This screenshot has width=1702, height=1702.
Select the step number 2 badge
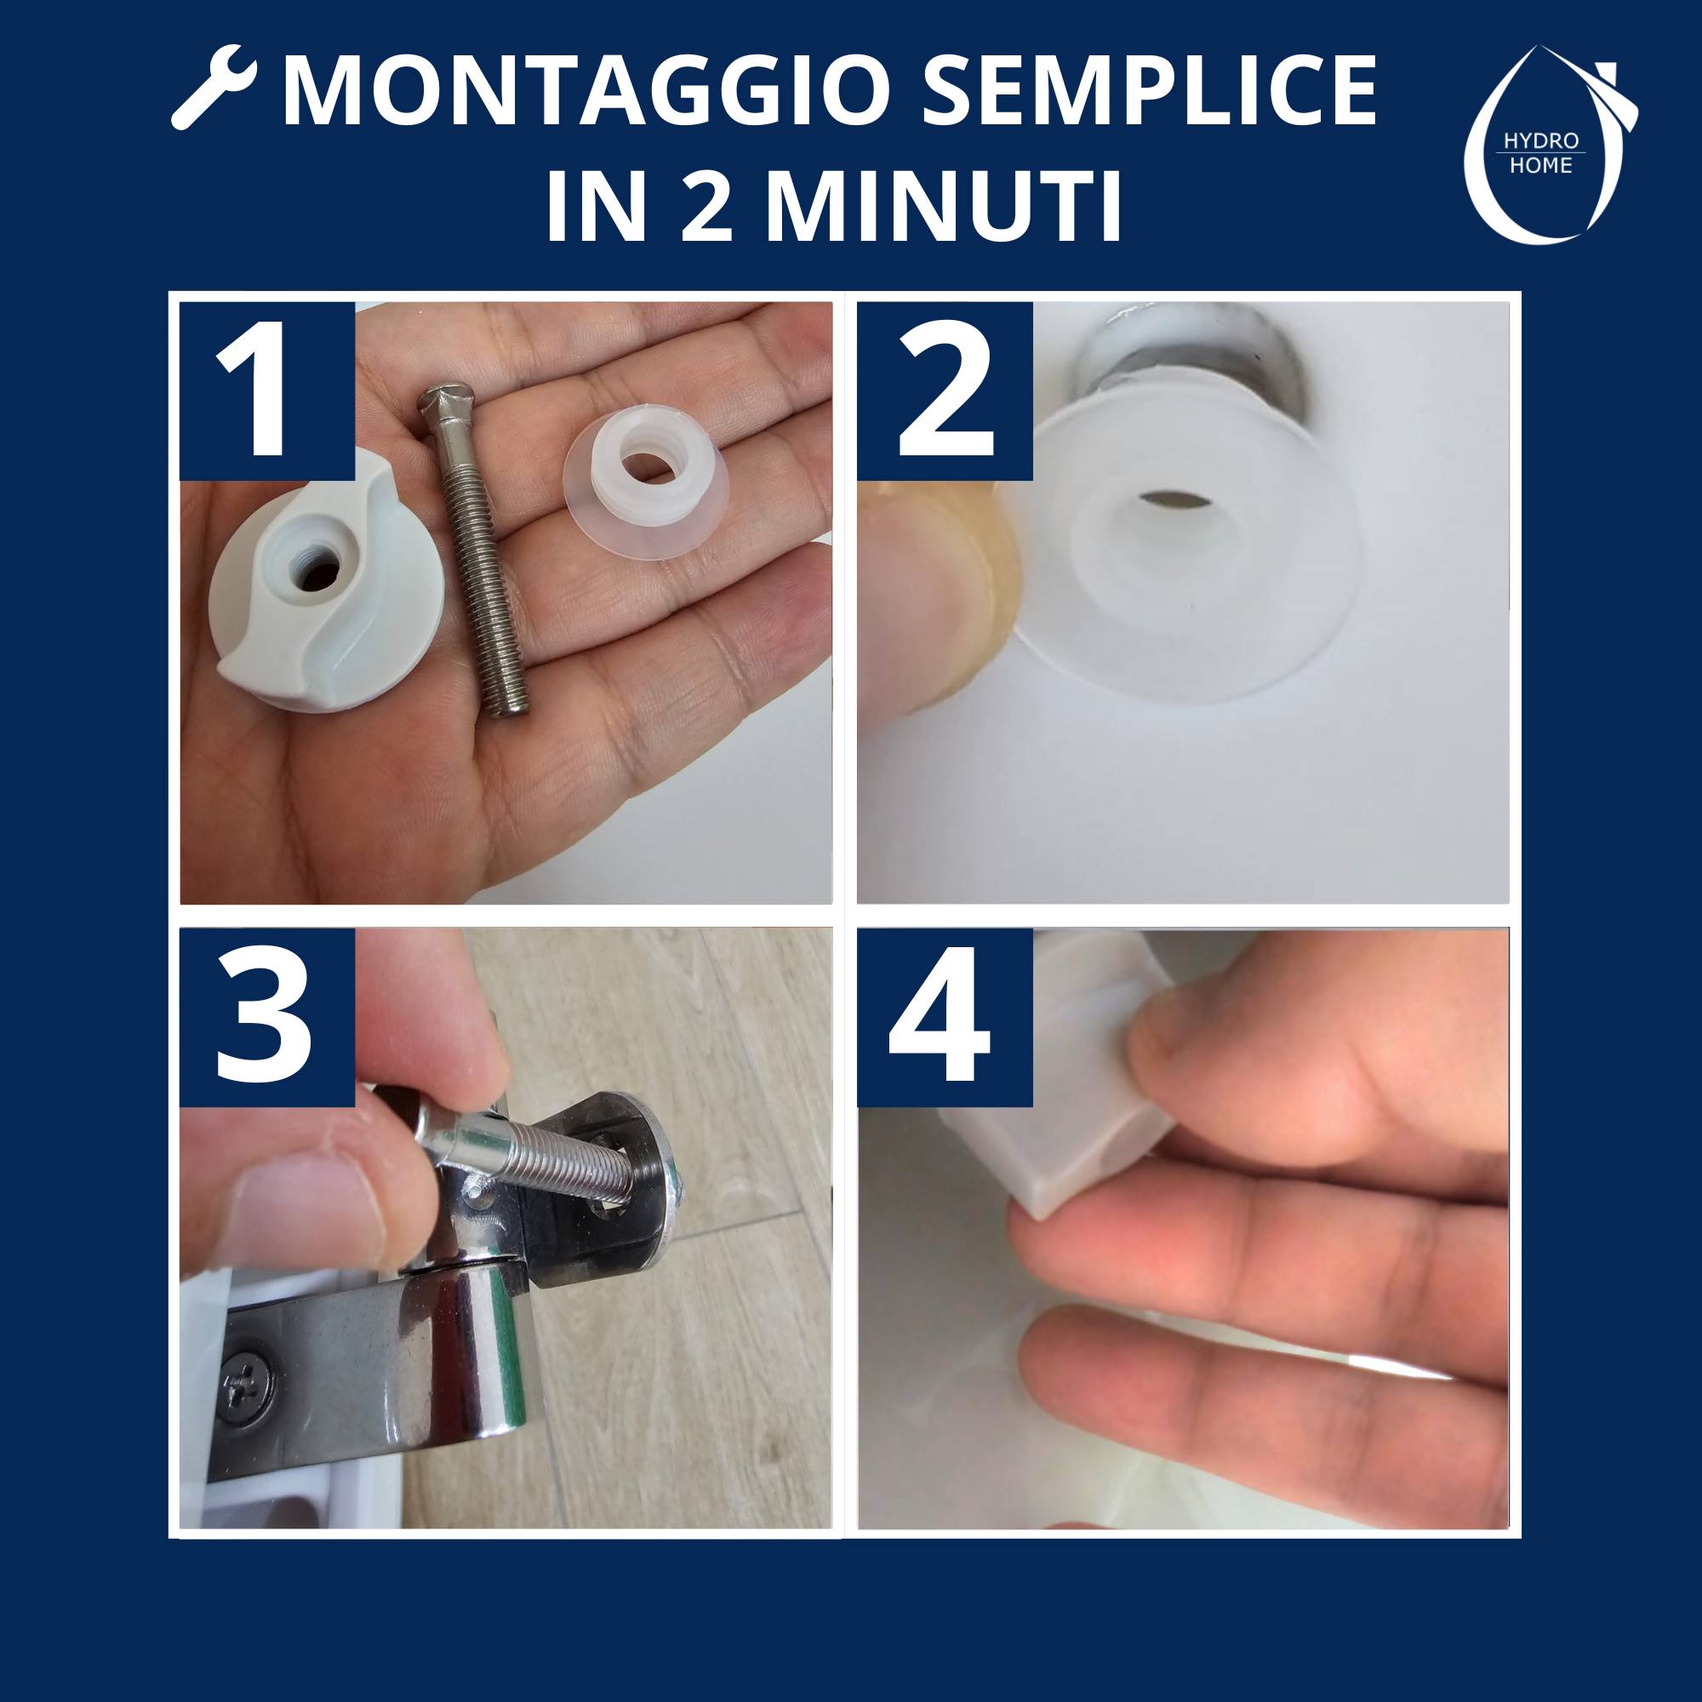945,391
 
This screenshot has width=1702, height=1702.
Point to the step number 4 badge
945,1018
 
